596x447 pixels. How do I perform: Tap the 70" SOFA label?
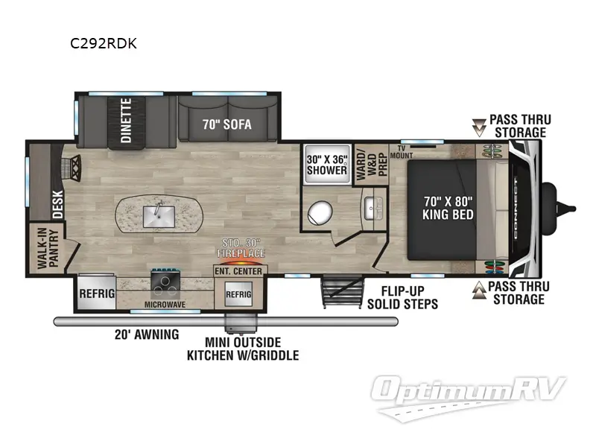(226, 125)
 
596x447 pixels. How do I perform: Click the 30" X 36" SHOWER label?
(328, 165)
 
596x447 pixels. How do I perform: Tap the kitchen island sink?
(158, 216)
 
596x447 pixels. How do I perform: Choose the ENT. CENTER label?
(238, 271)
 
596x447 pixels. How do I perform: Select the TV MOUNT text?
(407, 151)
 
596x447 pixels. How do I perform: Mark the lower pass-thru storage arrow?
(478, 292)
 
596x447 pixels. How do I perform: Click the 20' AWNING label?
(147, 335)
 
